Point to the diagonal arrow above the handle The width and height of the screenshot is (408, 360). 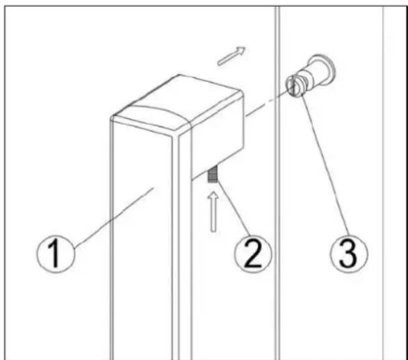231,56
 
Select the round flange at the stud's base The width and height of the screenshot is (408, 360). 323,69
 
